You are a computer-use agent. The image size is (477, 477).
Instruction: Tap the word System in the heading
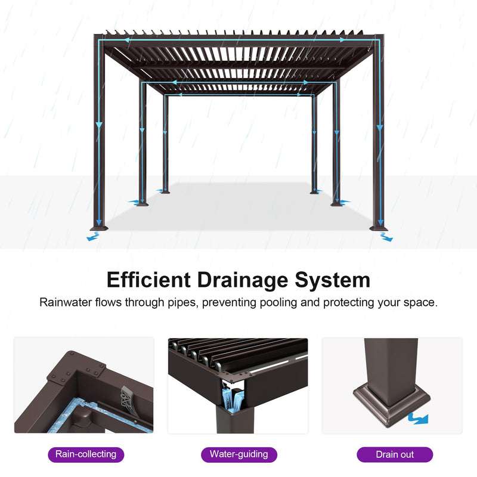[x=336, y=280]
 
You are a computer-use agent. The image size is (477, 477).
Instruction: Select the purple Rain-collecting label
[x=85, y=454]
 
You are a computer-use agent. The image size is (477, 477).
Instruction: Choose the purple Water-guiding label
[x=238, y=454]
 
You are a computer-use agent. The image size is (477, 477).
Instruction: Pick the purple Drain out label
[x=394, y=454]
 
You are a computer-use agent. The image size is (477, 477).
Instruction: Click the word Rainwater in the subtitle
[x=64, y=302]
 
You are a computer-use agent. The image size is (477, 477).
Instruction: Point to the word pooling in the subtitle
[x=278, y=302]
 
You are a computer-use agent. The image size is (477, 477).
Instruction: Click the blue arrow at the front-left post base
[x=92, y=237]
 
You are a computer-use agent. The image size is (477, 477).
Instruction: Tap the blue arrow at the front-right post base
[x=386, y=237]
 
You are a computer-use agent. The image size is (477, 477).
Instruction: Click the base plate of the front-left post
[x=98, y=228]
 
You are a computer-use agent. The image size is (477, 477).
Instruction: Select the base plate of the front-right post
[x=378, y=227]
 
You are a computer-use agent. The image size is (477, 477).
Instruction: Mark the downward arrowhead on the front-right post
[x=379, y=127]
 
